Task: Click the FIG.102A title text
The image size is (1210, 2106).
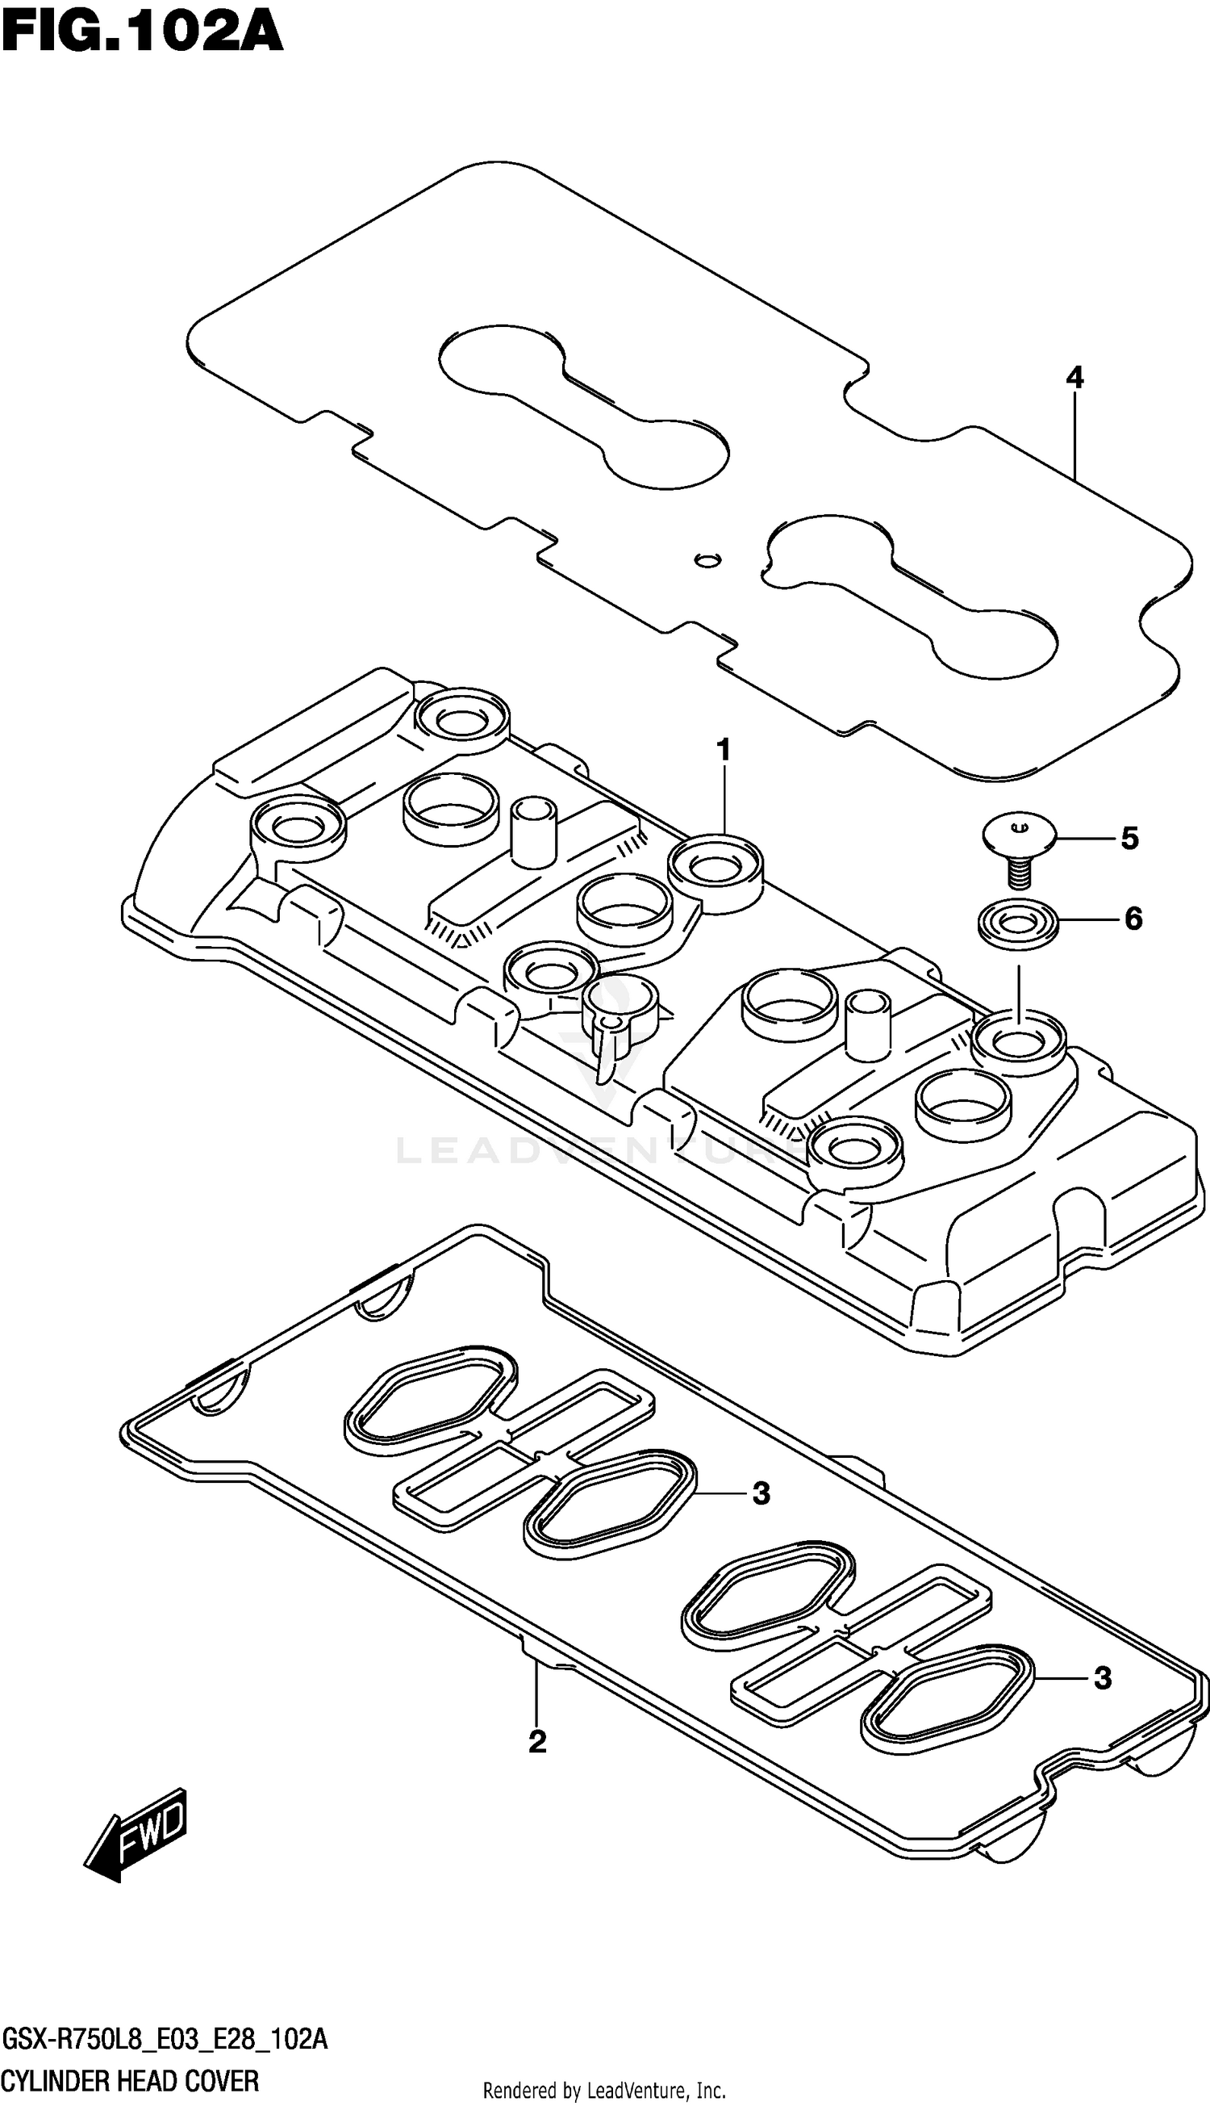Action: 142,33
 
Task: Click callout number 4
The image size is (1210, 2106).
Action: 1074,379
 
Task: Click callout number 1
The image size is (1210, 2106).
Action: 724,750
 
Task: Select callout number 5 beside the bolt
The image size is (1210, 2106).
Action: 1129,838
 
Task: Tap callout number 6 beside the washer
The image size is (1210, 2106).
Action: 1133,918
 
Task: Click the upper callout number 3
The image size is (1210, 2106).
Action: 761,1493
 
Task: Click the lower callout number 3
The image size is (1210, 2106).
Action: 1102,1678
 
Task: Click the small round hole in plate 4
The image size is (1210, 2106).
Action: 707,559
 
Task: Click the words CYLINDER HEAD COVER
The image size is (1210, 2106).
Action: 131,2081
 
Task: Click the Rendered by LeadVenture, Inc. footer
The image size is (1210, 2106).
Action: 604,2089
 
